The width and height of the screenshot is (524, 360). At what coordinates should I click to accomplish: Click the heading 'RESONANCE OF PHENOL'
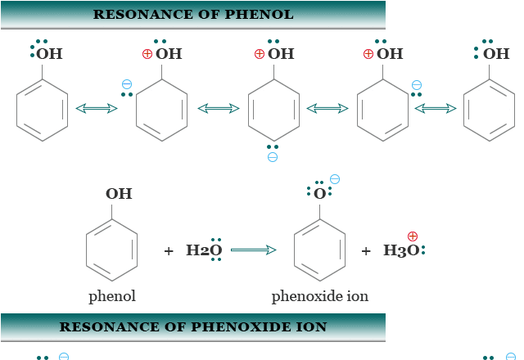[x=193, y=15]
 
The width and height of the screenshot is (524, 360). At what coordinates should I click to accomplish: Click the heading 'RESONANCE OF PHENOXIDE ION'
[x=193, y=326]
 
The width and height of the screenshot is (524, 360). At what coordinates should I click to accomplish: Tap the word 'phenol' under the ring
[x=112, y=295]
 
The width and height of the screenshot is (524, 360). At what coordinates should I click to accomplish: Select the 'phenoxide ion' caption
[x=320, y=295]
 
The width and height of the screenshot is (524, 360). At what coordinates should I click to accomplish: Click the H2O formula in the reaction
[x=204, y=250]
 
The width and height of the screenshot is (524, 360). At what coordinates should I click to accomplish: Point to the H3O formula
[x=401, y=250]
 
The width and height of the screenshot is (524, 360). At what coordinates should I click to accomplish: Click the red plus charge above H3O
[x=413, y=236]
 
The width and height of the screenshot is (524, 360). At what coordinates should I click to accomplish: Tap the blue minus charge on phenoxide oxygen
[x=334, y=179]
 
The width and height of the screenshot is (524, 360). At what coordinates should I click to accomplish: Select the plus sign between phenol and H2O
[x=169, y=251]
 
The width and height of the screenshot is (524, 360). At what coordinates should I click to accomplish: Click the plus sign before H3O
[x=366, y=251]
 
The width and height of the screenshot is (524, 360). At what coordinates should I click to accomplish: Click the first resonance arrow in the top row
[x=97, y=108]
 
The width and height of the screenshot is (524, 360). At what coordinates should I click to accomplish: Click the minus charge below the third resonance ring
[x=273, y=156]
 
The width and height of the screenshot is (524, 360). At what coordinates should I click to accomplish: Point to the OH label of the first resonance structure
[x=49, y=55]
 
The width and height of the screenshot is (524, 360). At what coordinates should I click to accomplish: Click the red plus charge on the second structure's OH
[x=147, y=54]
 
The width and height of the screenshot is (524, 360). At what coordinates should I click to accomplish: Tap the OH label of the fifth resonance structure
[x=496, y=55]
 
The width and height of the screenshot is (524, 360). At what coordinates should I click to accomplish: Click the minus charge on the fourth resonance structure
[x=417, y=84]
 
